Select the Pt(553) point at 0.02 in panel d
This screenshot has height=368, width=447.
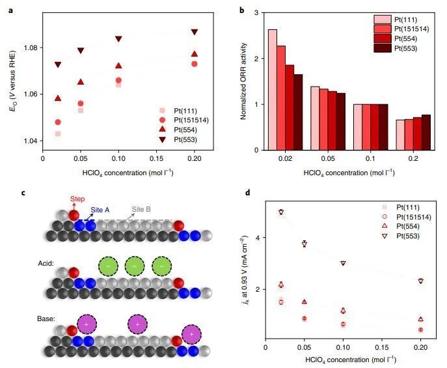click(x=281, y=212)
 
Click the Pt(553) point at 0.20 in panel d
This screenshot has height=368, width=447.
click(x=421, y=281)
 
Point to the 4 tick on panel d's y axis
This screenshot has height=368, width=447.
click(x=258, y=238)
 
